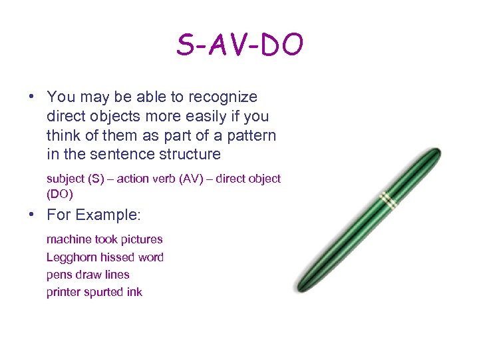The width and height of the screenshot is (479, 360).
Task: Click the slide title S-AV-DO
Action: point(239,45)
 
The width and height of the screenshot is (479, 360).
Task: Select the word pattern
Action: point(253,135)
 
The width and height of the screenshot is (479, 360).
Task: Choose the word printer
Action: point(64,292)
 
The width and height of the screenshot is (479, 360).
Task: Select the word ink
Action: point(134,292)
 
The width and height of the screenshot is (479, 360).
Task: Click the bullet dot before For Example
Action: point(32,215)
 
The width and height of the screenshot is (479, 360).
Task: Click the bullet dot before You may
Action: point(32,97)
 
